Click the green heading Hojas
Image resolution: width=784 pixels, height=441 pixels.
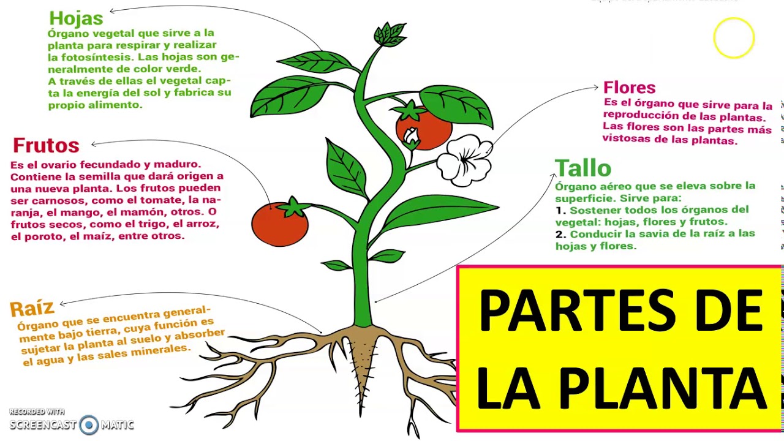coord(76,19)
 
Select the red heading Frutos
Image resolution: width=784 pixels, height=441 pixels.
coord(46,146)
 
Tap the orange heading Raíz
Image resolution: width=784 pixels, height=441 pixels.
coord(32,307)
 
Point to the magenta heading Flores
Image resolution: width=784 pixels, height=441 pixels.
coord(629,88)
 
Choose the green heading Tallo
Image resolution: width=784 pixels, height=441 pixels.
coord(582,168)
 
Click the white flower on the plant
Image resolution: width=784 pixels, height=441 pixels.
coord(464,160)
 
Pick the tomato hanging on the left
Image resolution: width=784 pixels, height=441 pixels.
coord(280,224)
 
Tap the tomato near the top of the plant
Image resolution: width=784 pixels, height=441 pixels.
coord(423,127)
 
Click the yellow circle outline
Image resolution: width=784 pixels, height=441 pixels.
coord(734,38)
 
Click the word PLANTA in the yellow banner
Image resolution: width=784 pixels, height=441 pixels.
coord(663,388)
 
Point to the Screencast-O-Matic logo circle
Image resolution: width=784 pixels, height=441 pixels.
coord(89,424)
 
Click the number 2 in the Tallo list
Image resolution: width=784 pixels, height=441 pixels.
coord(560,234)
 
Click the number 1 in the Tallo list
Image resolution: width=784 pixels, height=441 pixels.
coord(559,210)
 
